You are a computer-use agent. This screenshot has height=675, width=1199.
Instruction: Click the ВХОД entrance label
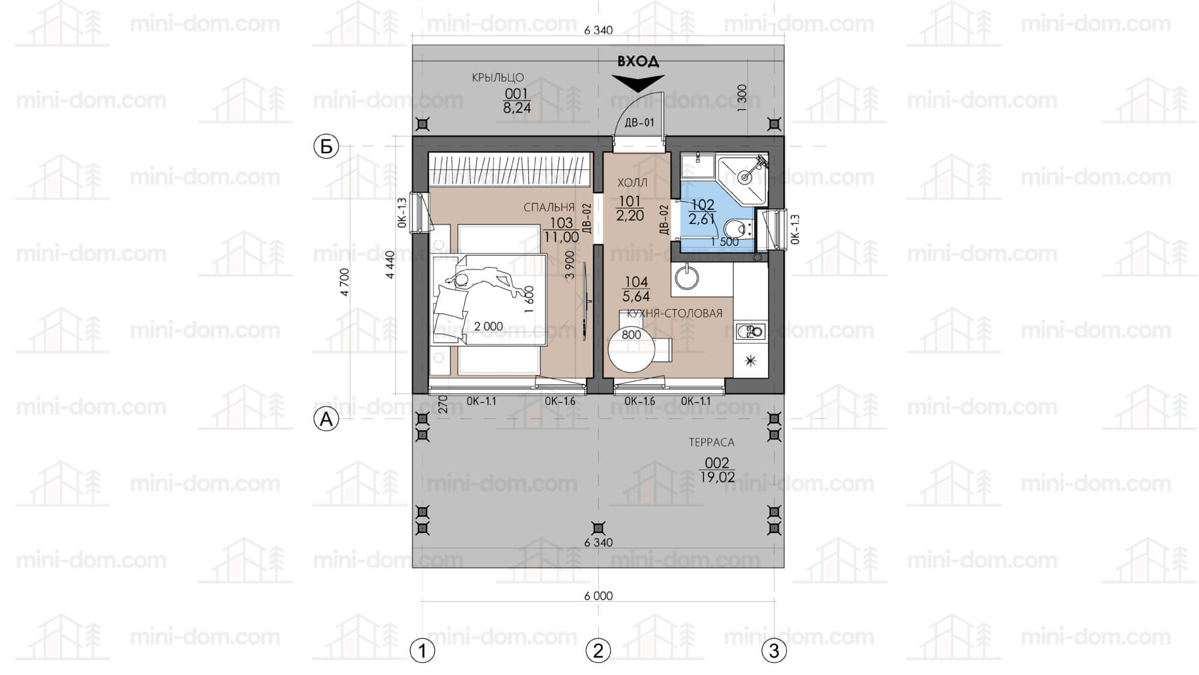click(637, 61)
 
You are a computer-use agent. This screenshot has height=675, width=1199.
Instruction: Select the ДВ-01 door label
click(639, 123)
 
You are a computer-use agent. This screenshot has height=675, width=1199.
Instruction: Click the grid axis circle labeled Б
click(326, 146)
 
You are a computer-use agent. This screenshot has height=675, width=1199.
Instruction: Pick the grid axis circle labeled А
click(326, 418)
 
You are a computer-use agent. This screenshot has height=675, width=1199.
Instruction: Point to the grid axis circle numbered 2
click(598, 650)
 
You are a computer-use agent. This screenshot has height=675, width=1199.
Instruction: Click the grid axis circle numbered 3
click(774, 650)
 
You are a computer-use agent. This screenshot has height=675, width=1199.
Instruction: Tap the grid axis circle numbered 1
click(422, 650)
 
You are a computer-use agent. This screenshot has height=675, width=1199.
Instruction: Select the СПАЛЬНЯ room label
click(549, 208)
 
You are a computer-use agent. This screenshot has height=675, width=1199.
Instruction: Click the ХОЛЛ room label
click(632, 183)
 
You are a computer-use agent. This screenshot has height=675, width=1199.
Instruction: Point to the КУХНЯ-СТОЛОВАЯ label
click(671, 313)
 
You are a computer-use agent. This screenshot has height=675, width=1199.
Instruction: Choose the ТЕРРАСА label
click(711, 442)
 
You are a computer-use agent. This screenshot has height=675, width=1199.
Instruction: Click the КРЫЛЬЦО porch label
click(498, 78)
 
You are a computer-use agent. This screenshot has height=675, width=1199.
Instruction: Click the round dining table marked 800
click(631, 350)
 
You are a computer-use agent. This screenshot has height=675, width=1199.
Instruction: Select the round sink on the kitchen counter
click(685, 277)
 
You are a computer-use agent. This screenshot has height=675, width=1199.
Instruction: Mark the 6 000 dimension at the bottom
click(598, 596)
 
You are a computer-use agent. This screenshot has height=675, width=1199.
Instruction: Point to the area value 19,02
click(717, 477)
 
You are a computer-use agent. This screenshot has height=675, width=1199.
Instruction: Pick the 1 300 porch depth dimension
click(743, 99)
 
